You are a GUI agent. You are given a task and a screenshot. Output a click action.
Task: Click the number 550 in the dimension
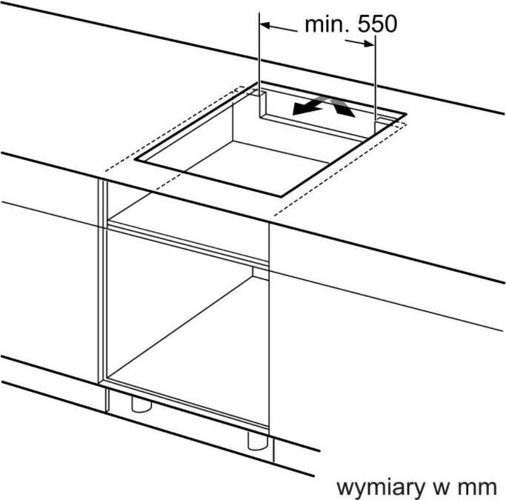377,24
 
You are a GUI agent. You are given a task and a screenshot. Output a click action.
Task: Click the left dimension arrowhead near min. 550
264,25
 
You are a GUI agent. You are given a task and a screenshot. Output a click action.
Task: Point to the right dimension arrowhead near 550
369,44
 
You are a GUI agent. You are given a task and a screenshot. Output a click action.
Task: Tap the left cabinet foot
142,404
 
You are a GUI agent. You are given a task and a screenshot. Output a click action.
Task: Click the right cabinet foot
258,440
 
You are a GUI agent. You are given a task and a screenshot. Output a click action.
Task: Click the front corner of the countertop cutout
282,196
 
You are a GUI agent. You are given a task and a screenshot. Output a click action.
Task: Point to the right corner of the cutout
406,114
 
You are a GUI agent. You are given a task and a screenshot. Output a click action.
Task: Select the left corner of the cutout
136,159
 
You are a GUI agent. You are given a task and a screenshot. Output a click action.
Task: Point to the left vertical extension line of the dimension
259,65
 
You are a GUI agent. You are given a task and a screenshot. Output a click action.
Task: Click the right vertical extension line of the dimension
375,84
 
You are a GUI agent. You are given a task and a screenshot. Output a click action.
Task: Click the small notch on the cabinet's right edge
261,273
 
